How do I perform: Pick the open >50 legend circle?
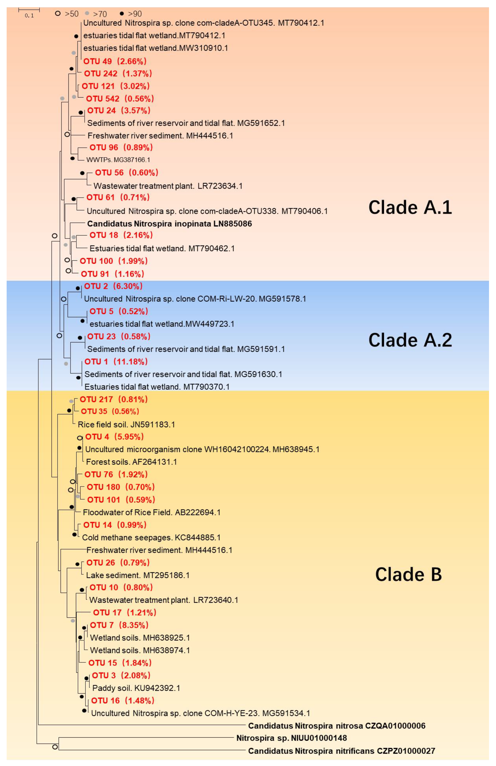click(58, 13)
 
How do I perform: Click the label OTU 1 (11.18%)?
click(116, 362)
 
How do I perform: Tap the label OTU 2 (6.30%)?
click(113, 286)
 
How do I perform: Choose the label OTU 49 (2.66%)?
click(115, 61)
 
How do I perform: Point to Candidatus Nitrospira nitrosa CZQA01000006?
click(336, 726)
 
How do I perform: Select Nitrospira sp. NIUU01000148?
click(292, 738)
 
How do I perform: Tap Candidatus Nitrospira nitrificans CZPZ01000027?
click(341, 751)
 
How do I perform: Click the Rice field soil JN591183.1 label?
click(126, 424)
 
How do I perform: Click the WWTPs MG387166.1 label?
click(118, 160)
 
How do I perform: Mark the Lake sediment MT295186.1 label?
click(138, 575)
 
